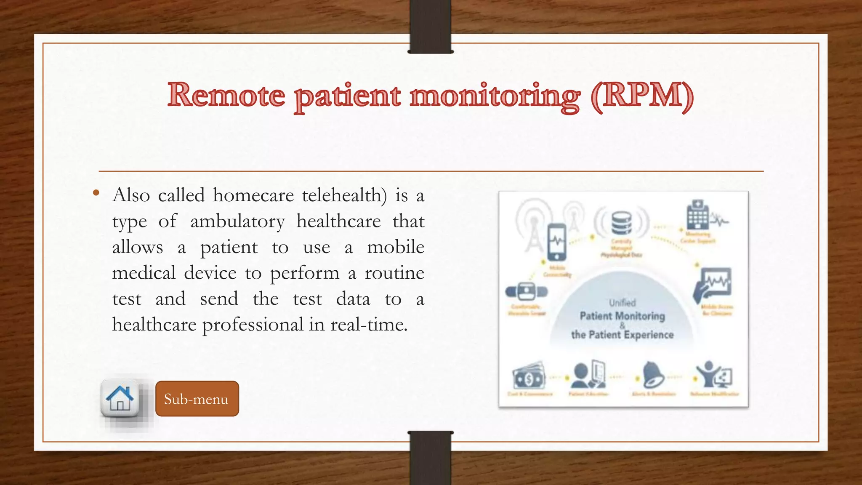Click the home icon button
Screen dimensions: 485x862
(x=120, y=398)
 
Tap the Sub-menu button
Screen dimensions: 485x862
(x=197, y=399)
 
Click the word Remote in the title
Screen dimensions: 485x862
(x=226, y=95)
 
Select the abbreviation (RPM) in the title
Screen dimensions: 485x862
(x=642, y=95)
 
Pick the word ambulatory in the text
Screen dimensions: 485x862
(x=237, y=221)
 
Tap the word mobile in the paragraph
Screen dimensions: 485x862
(x=396, y=247)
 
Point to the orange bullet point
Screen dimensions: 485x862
(x=96, y=193)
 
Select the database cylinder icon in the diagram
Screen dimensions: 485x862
(x=621, y=223)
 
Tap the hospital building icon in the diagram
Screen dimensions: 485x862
(x=697, y=215)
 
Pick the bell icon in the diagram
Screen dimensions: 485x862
(x=653, y=375)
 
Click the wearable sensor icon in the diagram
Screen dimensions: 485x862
(x=526, y=291)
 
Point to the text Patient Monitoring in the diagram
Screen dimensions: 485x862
(x=622, y=316)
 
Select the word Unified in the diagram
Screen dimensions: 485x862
(x=622, y=303)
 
